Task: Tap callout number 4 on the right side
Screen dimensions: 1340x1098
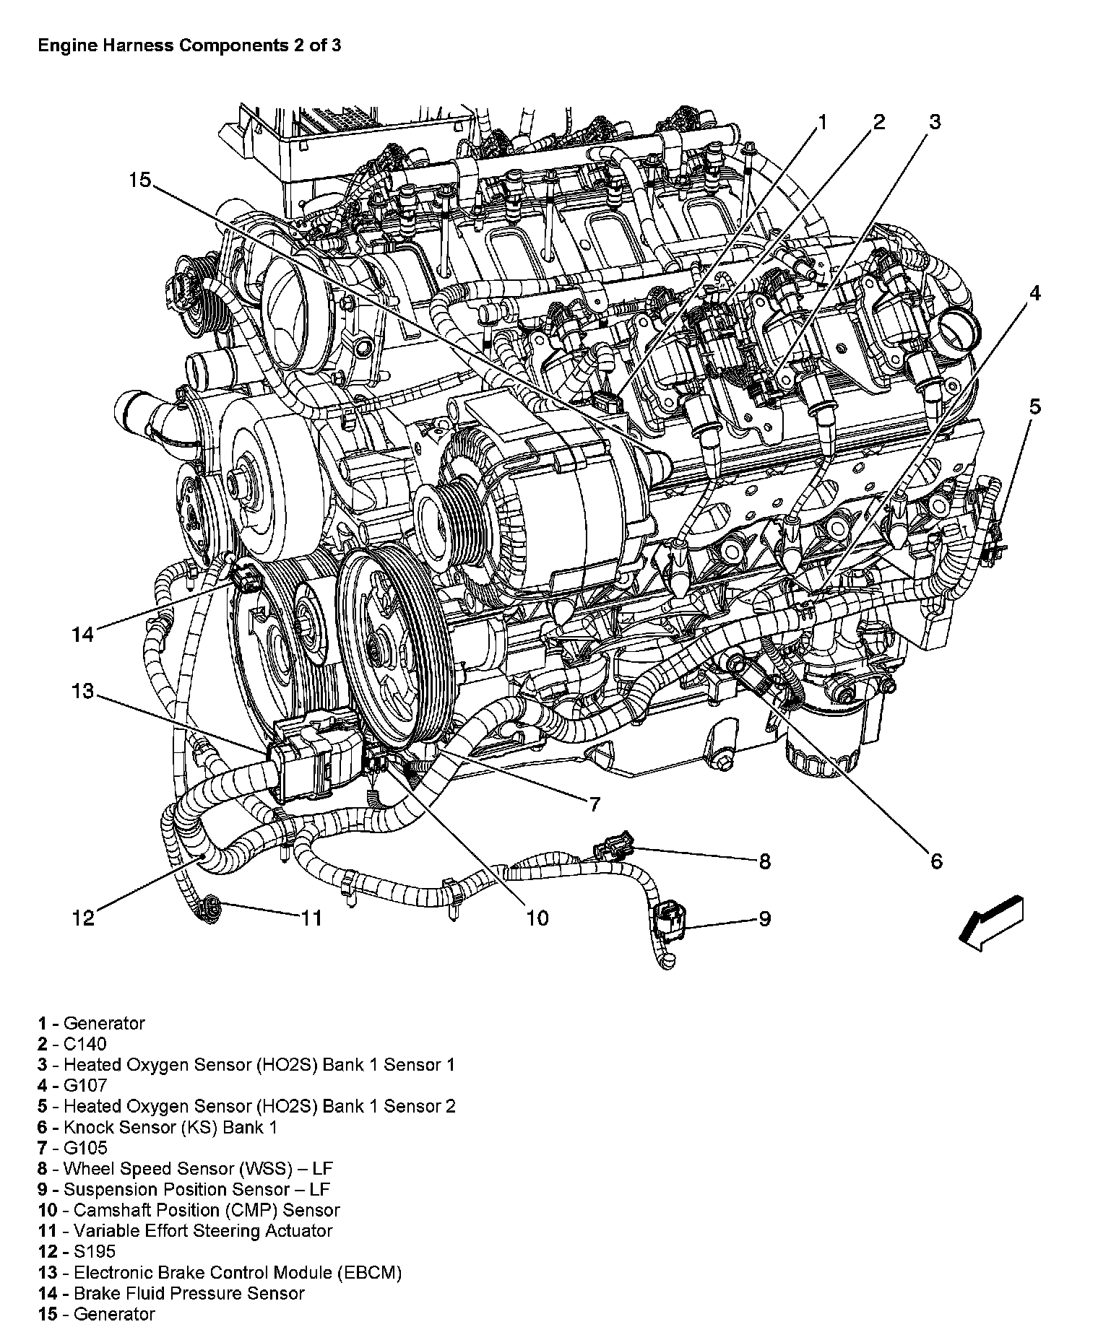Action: [x=1034, y=294]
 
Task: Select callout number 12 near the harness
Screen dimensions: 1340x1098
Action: [x=84, y=918]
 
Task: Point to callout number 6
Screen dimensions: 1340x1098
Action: [x=936, y=861]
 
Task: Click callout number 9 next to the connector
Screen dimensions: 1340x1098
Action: [x=764, y=918]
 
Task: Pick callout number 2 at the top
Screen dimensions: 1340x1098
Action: [x=878, y=121]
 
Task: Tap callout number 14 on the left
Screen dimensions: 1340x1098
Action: [x=83, y=635]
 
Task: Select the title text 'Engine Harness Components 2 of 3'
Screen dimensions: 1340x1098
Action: [x=189, y=45]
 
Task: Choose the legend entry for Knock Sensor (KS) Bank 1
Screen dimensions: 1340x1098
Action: [x=157, y=1127]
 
